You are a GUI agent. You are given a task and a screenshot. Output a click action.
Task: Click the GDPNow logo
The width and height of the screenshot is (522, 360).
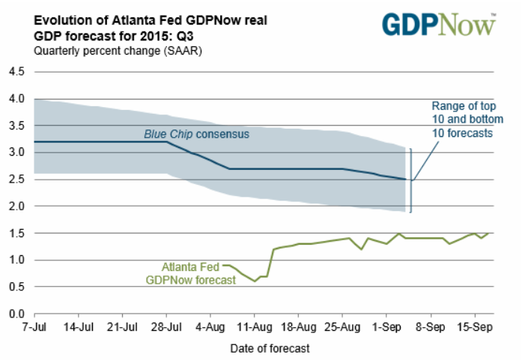click(x=440, y=23)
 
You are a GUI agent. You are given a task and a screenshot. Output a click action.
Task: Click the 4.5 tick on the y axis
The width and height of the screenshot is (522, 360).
click(x=17, y=72)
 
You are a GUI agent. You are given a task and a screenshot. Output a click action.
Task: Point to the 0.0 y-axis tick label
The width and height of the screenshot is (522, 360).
click(x=17, y=314)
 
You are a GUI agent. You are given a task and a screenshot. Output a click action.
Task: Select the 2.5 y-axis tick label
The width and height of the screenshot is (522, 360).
click(x=17, y=180)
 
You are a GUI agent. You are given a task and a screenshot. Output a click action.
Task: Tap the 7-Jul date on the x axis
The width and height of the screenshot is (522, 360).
click(x=34, y=327)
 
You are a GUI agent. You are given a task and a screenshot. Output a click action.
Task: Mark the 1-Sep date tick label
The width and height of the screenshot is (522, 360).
click(x=386, y=327)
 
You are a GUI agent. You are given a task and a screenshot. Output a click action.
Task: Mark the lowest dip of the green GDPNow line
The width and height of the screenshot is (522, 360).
click(x=255, y=281)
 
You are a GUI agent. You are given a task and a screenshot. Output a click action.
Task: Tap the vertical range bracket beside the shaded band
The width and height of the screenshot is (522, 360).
click(x=410, y=180)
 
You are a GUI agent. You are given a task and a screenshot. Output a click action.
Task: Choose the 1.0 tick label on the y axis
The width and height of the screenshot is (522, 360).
click(x=17, y=260)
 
